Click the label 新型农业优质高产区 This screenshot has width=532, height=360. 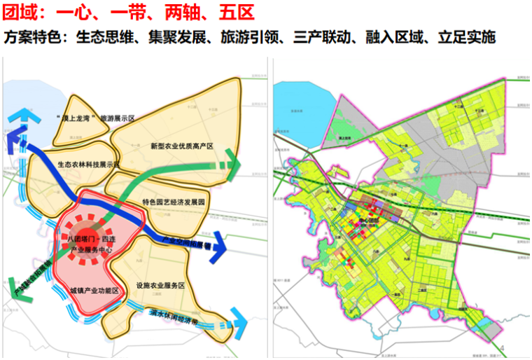click(181, 146)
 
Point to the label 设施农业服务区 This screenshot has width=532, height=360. click(161, 286)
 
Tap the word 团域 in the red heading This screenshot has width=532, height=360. click(19, 12)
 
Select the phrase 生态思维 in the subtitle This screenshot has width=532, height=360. click(98, 37)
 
